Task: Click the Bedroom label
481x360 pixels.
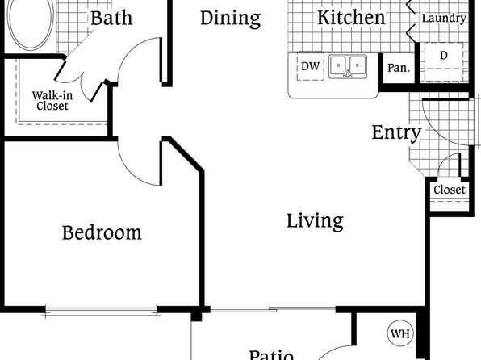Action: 102,232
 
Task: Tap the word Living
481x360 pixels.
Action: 315,222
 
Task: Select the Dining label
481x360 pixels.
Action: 230,19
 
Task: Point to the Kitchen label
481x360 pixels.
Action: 351,17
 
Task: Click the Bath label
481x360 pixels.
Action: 111,18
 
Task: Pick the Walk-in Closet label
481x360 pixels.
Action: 52,101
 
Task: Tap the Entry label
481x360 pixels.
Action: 396,132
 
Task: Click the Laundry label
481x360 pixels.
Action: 444,19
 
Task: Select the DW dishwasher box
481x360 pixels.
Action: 311,66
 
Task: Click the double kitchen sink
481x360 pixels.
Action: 348,66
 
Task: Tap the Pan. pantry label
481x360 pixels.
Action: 399,68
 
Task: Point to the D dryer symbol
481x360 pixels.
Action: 444,61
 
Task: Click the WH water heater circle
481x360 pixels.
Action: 400,333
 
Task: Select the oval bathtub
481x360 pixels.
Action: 31,24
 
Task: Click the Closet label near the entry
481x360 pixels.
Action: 450,190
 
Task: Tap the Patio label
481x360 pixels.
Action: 271,355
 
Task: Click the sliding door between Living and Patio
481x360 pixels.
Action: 273,309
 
